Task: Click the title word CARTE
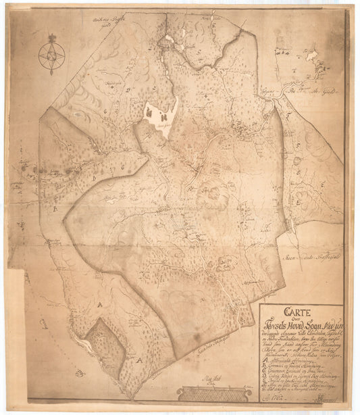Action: pos(297,313)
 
